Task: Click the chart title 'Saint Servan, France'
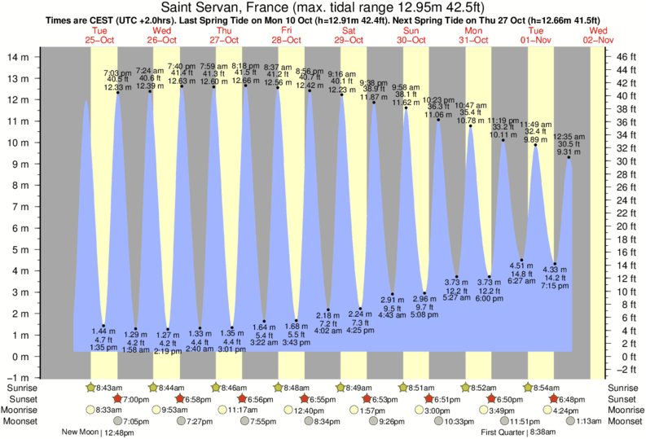pyautogui.click(x=244, y=7)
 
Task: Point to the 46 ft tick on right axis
pyautogui.click(x=625, y=57)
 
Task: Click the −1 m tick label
pyautogui.click(x=18, y=379)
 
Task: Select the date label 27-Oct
pyautogui.click(x=225, y=39)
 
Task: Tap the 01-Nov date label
pyautogui.click(x=535, y=39)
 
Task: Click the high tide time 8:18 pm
pyautogui.click(x=247, y=66)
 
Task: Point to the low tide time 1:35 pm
pyautogui.click(x=104, y=347)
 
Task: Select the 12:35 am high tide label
pyautogui.click(x=569, y=136)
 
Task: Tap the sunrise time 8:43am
pyautogui.click(x=108, y=387)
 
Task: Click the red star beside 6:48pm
pyautogui.click(x=553, y=398)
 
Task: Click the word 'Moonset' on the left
pyautogui.click(x=21, y=421)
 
